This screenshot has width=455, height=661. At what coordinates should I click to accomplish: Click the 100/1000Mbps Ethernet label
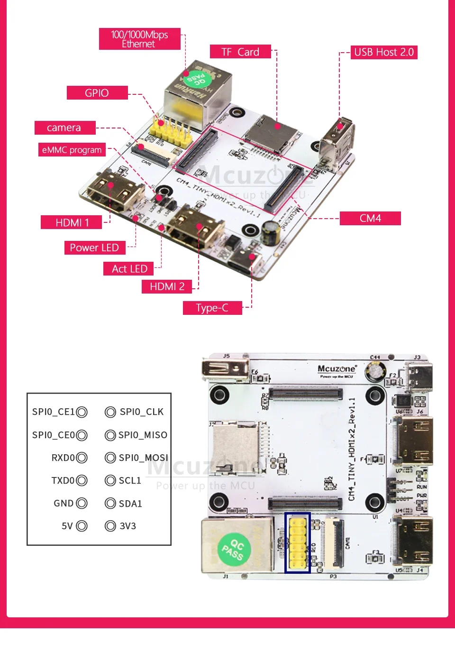coord(139,39)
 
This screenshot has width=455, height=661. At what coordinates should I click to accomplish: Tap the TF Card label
coord(240,52)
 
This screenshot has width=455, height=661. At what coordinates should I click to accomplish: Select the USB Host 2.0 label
coord(384,52)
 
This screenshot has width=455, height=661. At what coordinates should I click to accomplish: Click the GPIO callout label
coord(97,93)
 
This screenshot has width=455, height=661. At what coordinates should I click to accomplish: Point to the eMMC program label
coord(72,150)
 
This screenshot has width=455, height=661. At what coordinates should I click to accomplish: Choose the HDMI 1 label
coord(72,222)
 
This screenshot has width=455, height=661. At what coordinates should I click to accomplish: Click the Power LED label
coord(94,248)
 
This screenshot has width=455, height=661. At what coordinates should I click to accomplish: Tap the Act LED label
coord(129,269)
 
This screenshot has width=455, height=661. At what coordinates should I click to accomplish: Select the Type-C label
coord(212,308)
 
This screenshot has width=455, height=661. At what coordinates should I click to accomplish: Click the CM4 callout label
coord(370,218)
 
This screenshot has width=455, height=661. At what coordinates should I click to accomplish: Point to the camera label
coord(64,128)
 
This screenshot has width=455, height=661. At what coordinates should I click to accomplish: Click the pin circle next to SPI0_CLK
coord(110,412)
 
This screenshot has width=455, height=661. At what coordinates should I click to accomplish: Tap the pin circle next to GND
coord(82,503)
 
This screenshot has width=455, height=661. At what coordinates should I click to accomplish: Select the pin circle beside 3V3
coord(110,526)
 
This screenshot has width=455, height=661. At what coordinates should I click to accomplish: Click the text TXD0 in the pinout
coord(63,480)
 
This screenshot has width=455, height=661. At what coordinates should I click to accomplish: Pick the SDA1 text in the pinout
coord(130,504)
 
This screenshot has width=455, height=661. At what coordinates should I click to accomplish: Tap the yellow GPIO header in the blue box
coord(298,542)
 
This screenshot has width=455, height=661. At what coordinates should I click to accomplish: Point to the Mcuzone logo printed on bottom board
coord(337,369)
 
